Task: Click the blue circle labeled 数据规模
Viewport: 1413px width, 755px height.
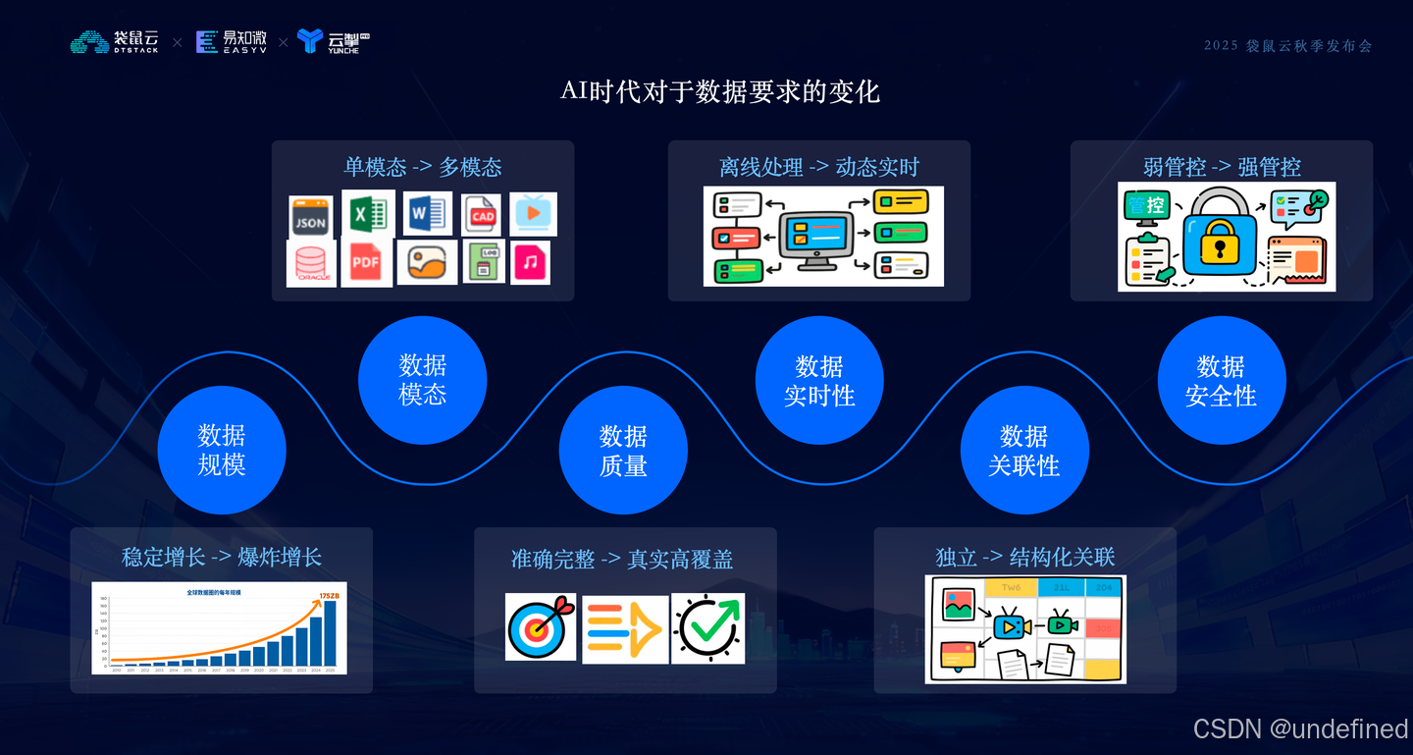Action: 222,450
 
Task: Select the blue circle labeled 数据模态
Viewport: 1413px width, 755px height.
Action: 423,380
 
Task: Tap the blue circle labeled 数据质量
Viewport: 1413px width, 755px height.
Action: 623,451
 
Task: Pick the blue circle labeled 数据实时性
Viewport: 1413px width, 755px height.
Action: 819,380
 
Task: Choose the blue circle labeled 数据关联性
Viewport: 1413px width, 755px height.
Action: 1024,451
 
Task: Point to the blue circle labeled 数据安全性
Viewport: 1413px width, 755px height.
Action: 1221,380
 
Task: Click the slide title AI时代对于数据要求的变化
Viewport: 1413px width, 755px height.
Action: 719,92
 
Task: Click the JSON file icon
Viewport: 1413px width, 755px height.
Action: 311,217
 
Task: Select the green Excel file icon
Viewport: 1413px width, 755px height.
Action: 368,213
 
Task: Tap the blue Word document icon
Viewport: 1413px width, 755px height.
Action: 427,213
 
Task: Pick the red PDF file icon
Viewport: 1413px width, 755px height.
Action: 366,262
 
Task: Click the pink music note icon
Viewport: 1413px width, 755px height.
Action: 530,262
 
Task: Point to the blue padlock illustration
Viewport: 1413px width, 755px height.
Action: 1219,236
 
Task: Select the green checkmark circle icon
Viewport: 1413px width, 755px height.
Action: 707,627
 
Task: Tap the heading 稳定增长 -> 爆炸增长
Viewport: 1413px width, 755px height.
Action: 222,558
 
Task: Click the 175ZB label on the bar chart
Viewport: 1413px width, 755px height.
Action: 329,595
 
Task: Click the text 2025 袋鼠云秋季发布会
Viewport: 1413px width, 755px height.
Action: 1287,46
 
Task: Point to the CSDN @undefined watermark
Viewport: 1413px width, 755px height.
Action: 1300,728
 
